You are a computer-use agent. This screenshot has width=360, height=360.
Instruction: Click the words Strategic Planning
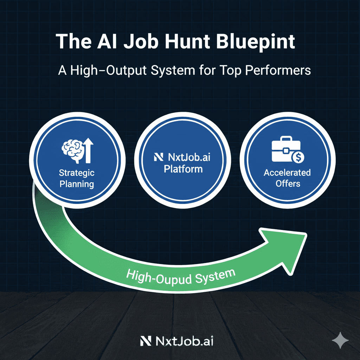[x=77, y=178]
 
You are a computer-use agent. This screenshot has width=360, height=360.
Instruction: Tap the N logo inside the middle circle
[x=159, y=157]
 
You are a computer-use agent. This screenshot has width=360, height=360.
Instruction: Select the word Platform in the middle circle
[x=183, y=169]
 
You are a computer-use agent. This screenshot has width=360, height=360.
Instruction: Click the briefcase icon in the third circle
[x=284, y=149]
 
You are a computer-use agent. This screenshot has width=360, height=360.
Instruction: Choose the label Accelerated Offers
[x=287, y=178]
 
